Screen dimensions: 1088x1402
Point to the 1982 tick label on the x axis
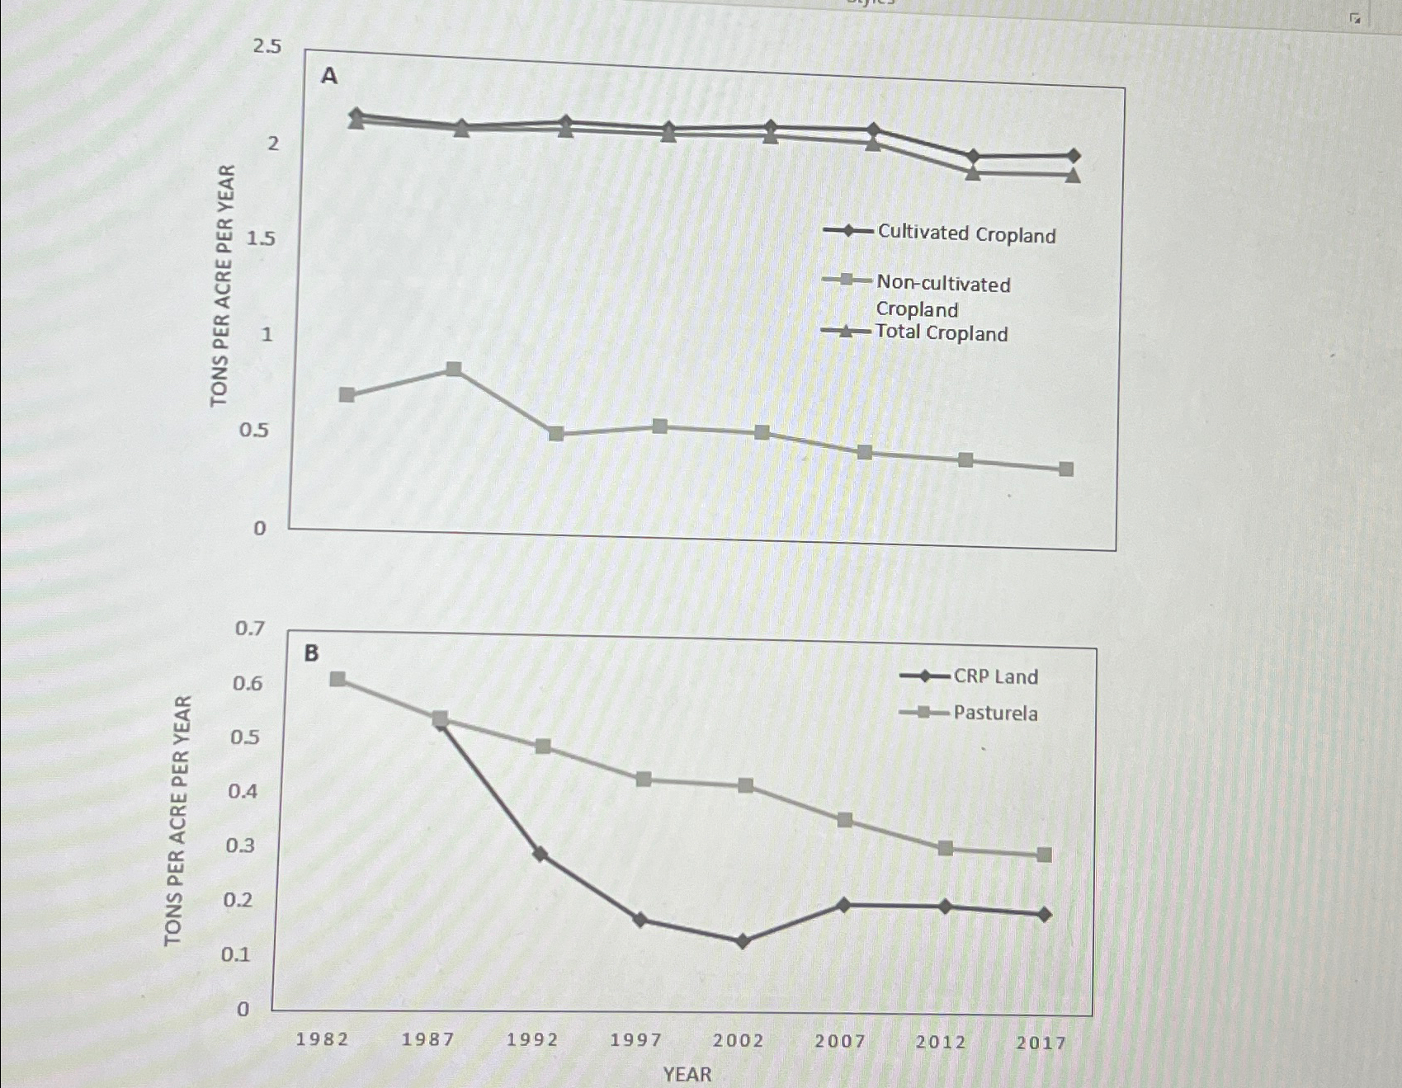(322, 1039)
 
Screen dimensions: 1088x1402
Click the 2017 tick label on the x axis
(1041, 1043)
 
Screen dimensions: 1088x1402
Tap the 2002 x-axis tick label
(738, 1041)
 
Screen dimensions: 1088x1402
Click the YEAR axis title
(687, 1074)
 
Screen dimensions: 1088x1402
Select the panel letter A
(328, 76)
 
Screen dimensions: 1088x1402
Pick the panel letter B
(311, 653)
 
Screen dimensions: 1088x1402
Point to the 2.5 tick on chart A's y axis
(267, 46)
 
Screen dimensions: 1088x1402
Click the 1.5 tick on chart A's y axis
(261, 238)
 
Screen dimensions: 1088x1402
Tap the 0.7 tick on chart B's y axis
(250, 629)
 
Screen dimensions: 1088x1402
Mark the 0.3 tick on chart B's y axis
(240, 845)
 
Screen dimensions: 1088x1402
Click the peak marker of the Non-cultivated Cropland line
(453, 369)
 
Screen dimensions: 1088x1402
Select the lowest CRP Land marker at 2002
(742, 941)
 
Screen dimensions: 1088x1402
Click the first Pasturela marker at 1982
(338, 679)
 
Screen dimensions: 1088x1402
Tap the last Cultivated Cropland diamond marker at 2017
(1073, 155)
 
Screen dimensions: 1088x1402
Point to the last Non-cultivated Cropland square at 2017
(1066, 469)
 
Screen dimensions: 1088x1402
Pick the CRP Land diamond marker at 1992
(541, 854)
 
